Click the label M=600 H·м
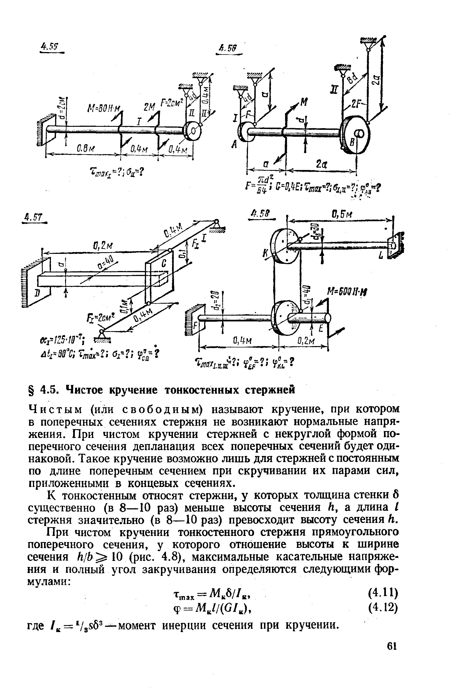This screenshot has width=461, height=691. click(x=347, y=292)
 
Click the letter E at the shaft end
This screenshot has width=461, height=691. click(x=321, y=329)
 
